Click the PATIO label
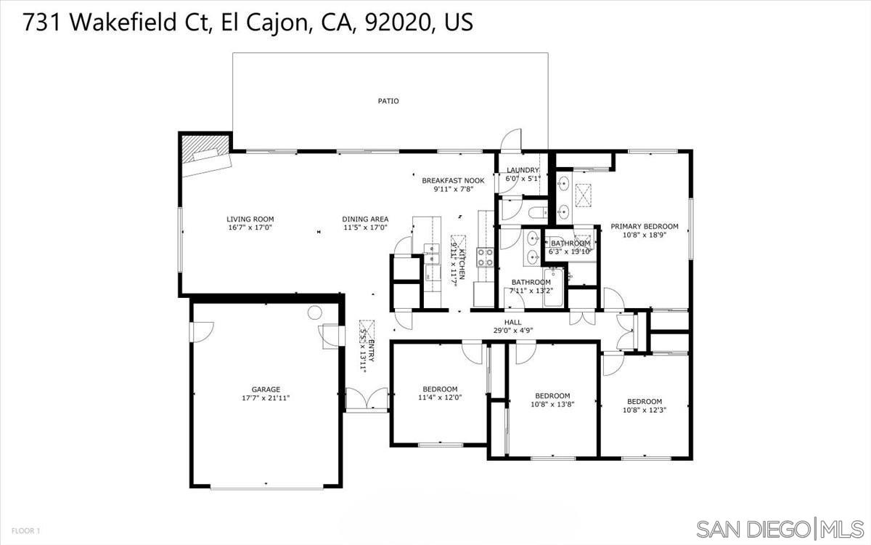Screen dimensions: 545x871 point(388,101)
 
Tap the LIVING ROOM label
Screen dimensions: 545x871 point(250,219)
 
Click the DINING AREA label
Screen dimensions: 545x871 point(365,219)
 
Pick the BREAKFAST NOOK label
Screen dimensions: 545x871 point(453,179)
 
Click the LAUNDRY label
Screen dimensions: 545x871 point(523,169)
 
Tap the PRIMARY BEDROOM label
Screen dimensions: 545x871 point(645,226)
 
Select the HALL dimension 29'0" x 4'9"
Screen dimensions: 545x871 point(513,331)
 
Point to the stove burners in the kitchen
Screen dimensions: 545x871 point(484,257)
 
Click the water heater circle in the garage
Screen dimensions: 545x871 point(314,312)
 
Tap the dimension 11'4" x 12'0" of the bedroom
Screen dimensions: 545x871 point(440,397)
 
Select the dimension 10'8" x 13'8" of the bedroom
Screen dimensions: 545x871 point(552,405)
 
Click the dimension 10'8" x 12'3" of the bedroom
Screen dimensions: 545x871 point(645,410)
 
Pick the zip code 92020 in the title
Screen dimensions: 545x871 point(406,23)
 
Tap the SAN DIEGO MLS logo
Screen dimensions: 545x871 point(780,528)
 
